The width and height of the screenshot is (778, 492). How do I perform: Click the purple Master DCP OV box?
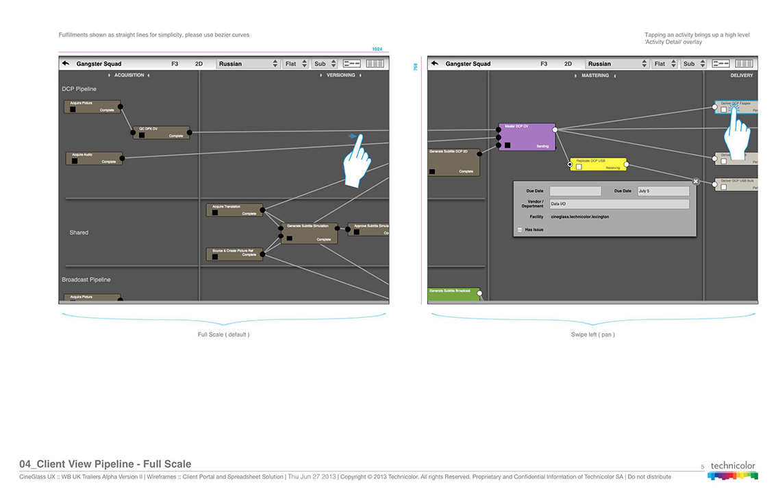point(526,137)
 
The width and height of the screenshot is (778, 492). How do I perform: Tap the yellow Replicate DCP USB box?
point(597,164)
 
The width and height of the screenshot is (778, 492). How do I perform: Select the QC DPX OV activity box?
point(161,132)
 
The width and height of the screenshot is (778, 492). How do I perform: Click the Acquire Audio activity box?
point(94,158)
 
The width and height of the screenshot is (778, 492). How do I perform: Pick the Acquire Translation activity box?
point(234,210)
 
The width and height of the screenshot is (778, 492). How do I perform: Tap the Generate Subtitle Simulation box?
point(309,232)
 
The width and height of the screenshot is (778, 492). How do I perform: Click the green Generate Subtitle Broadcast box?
point(453,295)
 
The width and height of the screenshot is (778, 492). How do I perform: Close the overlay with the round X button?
point(696,182)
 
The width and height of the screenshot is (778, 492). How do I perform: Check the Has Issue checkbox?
point(520,230)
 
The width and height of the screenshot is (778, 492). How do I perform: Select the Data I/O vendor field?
point(618,204)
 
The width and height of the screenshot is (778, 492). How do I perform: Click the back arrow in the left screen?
point(66,64)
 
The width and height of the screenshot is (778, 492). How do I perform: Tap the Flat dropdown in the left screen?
point(295,64)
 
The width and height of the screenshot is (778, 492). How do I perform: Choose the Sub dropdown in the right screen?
point(693,64)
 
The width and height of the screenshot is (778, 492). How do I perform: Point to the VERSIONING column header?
point(340,75)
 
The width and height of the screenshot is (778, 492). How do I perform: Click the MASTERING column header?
point(595,75)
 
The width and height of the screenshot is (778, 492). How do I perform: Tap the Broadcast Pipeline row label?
point(86,280)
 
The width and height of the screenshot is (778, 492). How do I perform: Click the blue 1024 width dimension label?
point(377,49)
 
